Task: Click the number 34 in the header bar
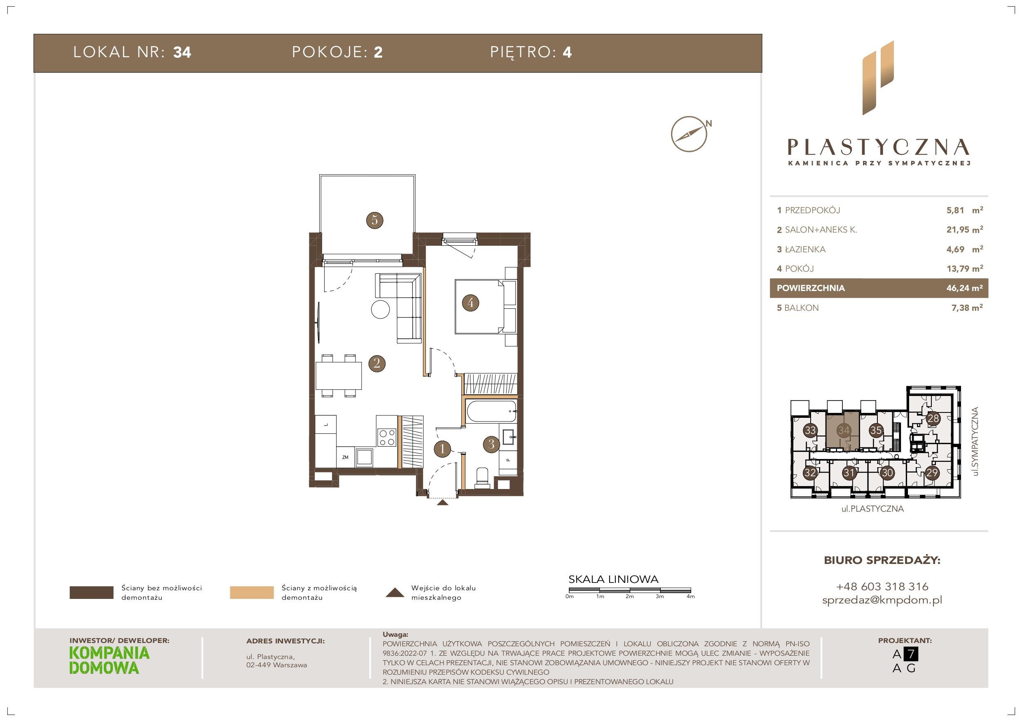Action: pos(182,53)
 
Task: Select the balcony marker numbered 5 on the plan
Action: pos(374,220)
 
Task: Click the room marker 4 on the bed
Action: pos(470,303)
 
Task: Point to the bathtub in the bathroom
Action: pos(491,412)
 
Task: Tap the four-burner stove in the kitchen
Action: pos(386,436)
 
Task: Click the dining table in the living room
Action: pos(338,375)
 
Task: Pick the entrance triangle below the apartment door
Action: pos(442,503)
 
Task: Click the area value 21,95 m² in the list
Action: pos(965,230)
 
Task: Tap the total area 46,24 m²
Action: pos(965,288)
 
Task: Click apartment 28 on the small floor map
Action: pos(933,419)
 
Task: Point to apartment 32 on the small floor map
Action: pos(810,473)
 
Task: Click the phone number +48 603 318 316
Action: pos(882,586)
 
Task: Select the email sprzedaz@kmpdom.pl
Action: pos(882,600)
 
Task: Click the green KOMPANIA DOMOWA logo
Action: pos(110,660)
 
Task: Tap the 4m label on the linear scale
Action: pos(690,596)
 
